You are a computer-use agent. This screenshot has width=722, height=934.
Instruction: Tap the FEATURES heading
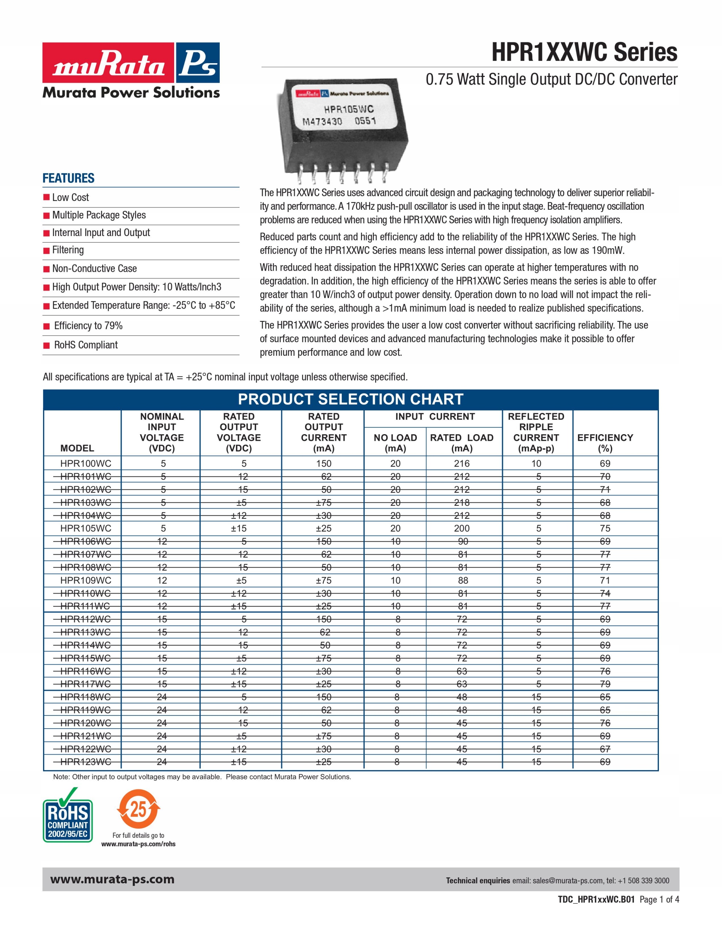pos(69,178)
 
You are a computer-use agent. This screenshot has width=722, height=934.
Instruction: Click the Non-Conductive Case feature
pos(94,269)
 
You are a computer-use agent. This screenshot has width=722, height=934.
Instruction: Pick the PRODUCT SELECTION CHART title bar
pos(350,399)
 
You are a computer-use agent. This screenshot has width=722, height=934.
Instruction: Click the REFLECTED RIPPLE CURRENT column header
pos(536,432)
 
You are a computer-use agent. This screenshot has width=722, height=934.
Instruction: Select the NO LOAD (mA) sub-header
pos(395,443)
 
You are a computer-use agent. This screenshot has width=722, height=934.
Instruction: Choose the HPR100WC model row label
pos(85,464)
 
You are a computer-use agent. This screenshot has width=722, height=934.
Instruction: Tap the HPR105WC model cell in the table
pos(85,529)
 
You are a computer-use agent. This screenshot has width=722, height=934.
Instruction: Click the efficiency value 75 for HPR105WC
pos(605,529)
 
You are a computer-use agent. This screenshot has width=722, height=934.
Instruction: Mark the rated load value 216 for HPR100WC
pos(462,464)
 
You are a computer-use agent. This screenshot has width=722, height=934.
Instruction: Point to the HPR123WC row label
pos(85,762)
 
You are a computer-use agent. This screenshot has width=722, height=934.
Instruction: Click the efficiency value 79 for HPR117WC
pos(605,684)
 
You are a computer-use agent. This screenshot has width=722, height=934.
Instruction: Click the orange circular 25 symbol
pos(138,809)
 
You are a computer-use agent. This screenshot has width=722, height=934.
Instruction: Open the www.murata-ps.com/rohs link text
pos(138,844)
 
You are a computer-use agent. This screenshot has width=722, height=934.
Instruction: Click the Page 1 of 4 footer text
pos(659,900)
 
